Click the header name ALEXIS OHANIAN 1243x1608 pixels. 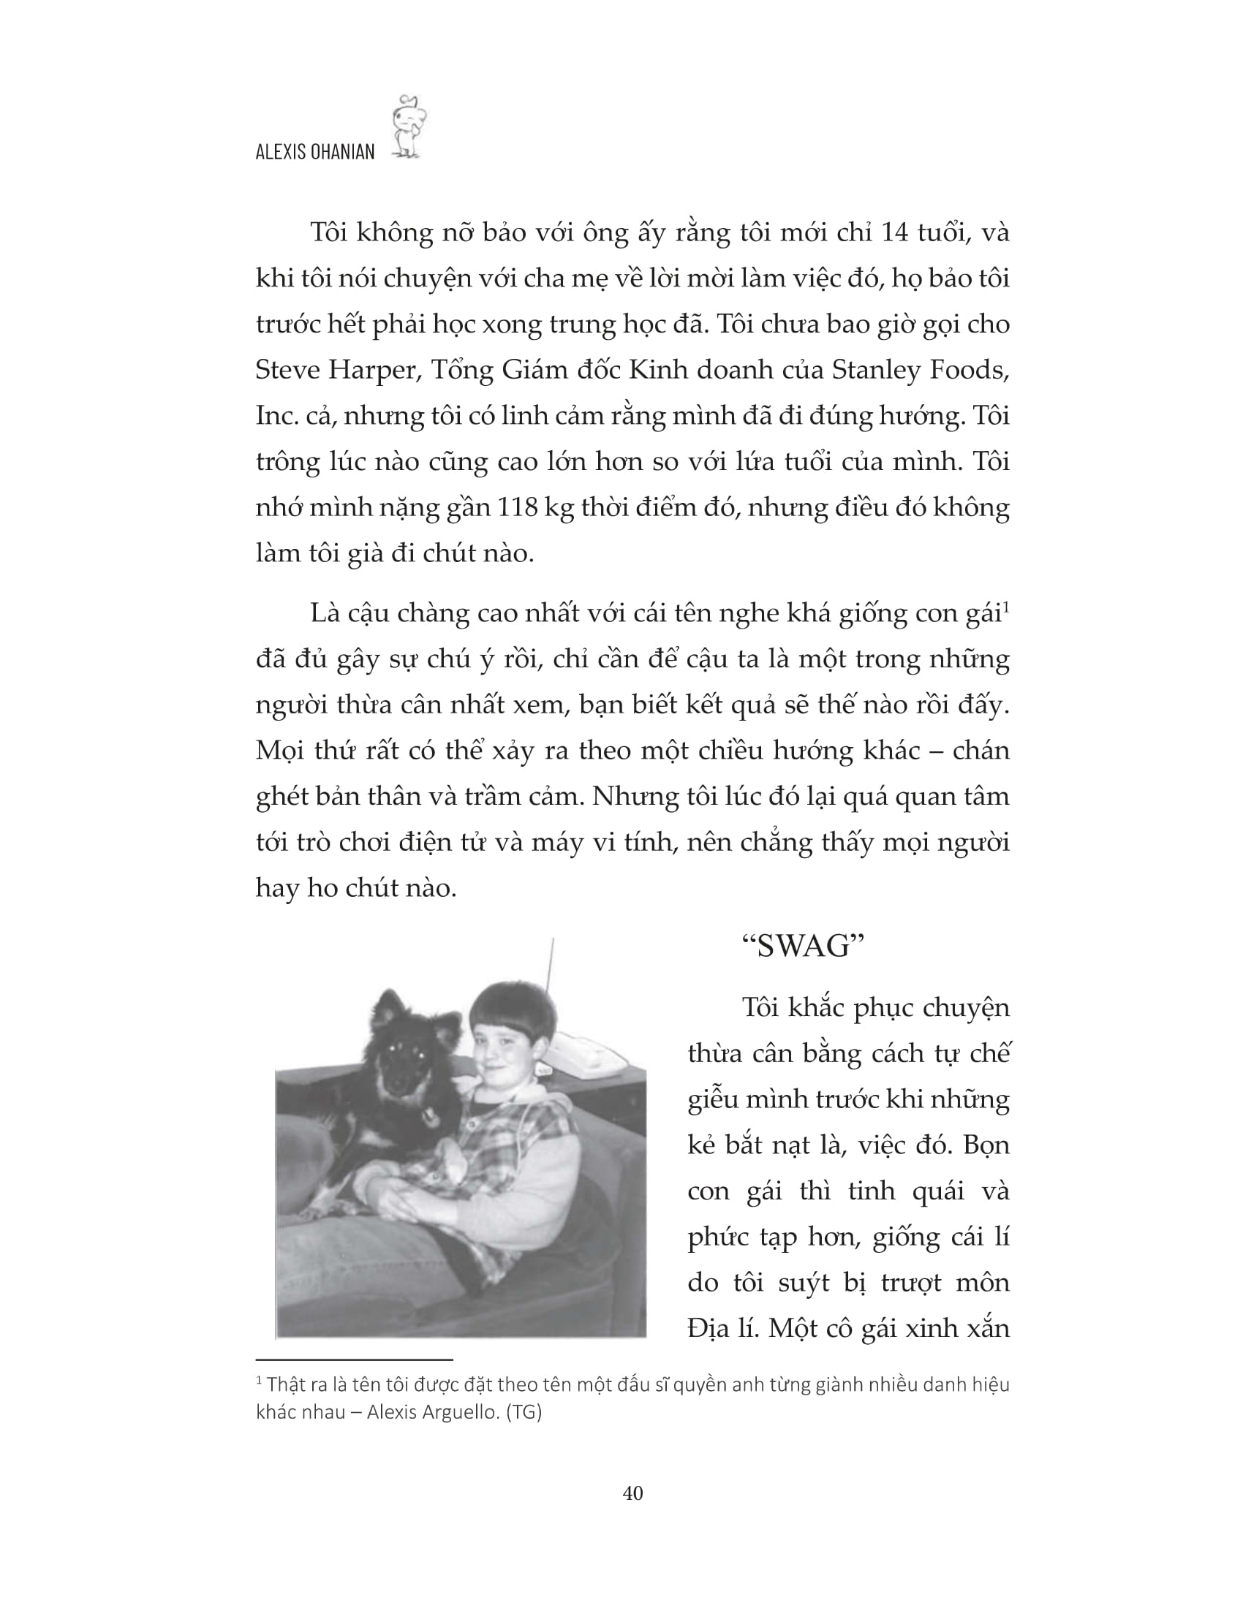(x=314, y=152)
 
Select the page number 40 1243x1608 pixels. (x=632, y=1493)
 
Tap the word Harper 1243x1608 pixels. (x=374, y=371)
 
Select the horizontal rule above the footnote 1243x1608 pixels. (x=353, y=1360)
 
